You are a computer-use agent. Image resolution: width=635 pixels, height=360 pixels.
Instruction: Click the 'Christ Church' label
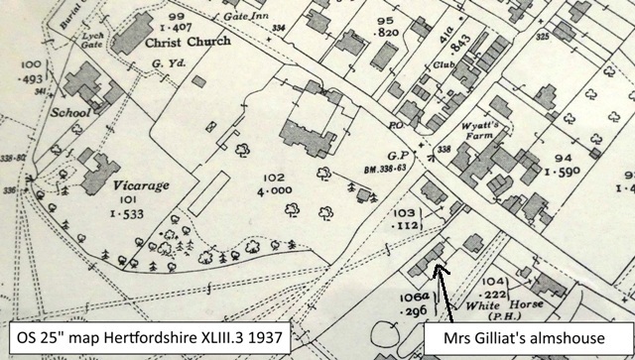(188, 42)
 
